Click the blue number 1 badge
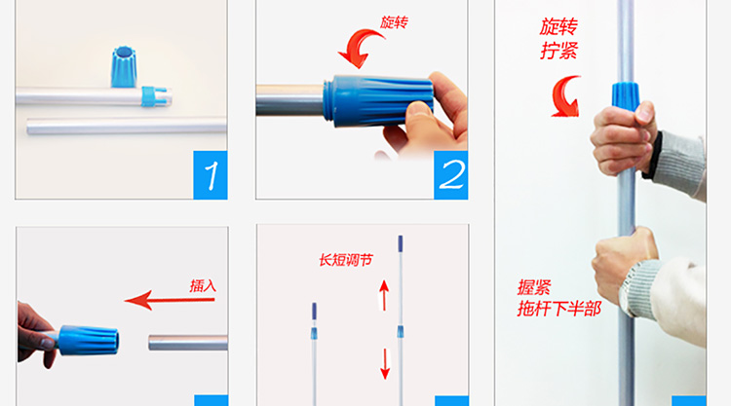tap(211, 175)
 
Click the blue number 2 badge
tap(451, 175)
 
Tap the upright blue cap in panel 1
tap(124, 66)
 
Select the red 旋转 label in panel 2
tap(394, 22)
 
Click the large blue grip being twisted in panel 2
tap(378, 101)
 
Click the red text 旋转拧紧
tap(559, 39)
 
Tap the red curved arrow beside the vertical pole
tap(565, 96)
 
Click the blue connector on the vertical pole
tap(625, 96)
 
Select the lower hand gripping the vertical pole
tap(624, 266)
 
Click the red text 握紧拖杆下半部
tap(559, 298)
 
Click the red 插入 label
tap(203, 285)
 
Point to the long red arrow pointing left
tap(170, 300)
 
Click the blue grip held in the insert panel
tap(88, 341)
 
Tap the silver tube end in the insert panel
tap(188, 343)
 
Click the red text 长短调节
tap(346, 260)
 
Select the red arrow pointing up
tap(384, 295)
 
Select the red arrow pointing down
tap(385, 364)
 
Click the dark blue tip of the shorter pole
tap(314, 311)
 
